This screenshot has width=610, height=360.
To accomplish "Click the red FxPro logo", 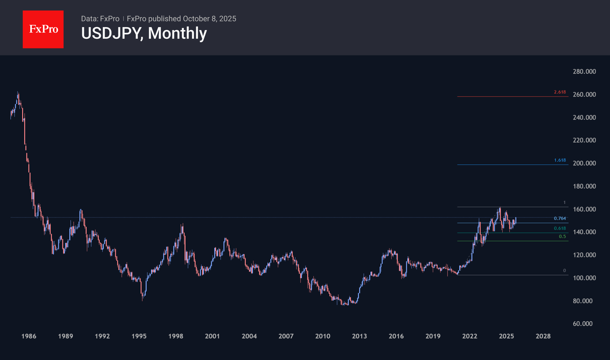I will (43, 29).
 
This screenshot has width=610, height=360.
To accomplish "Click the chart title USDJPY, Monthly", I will (144, 33).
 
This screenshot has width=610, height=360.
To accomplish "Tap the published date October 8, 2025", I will (209, 19).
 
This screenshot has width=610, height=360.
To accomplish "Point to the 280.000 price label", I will (584, 71).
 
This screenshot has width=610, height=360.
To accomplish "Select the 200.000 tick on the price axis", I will (584, 163).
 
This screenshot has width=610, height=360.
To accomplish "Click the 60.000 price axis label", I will (583, 324).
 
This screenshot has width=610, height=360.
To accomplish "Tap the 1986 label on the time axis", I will (29, 336).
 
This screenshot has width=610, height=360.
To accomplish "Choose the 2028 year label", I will (543, 336).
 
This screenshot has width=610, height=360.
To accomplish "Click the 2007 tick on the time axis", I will (286, 336).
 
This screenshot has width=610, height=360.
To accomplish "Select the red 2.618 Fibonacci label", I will (560, 92).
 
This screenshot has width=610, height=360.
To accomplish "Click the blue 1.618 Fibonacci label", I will (560, 160).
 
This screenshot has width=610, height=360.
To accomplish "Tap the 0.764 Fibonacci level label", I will (560, 219).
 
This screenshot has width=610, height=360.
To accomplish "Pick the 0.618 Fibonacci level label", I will (560, 228).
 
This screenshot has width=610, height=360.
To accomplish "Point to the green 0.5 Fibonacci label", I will (562, 237).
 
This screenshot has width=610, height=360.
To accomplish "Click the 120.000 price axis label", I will (584, 255).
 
